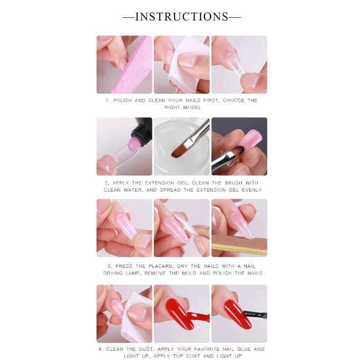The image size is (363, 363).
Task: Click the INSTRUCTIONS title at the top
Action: click(181, 17)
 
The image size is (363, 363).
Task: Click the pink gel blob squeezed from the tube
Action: click(135, 144)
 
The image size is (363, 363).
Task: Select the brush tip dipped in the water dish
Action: click(179, 151)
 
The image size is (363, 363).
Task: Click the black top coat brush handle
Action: click(256, 314)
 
